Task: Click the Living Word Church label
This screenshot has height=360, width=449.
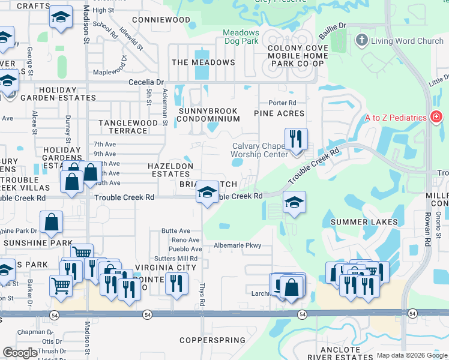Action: pyautogui.click(x=407, y=41)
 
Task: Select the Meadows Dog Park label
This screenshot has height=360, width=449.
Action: pyautogui.click(x=241, y=37)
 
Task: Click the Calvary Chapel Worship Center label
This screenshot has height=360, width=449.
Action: pyautogui.click(x=259, y=151)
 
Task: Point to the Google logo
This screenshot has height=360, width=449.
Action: pyautogui.click(x=20, y=353)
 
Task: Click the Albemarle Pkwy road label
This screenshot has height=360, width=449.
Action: pyautogui.click(x=238, y=245)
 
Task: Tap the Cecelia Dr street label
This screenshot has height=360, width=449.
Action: pyautogui.click(x=146, y=82)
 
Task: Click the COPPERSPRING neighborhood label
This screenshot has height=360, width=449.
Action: pyautogui.click(x=208, y=340)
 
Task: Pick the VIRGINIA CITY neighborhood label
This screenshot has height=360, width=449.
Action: pyautogui.click(x=165, y=267)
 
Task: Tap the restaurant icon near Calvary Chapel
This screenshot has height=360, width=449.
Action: pyautogui.click(x=295, y=139)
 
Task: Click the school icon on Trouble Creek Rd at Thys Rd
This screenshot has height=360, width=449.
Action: pyautogui.click(x=207, y=193)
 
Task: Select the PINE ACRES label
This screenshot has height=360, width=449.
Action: pyautogui.click(x=279, y=113)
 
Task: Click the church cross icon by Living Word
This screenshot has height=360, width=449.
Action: pyautogui.click(x=361, y=41)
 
